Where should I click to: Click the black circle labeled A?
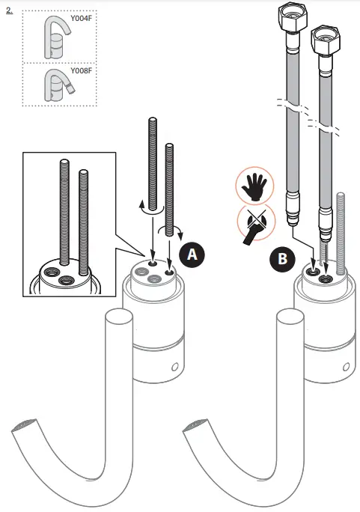click(193, 255)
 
